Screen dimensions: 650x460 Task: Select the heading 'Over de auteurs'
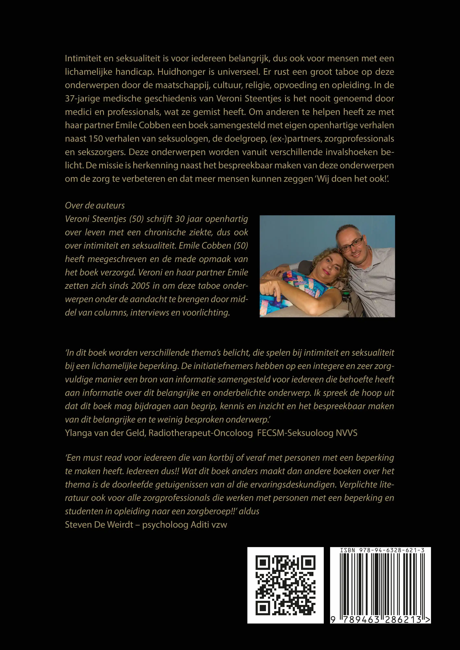tap(95, 205)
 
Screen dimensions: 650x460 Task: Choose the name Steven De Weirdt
tap(99, 525)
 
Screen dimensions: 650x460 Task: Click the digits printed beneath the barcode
tap(379, 620)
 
